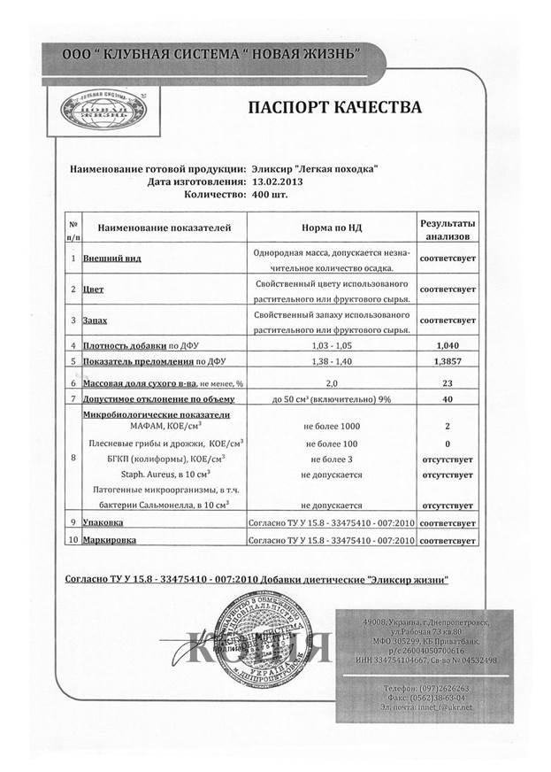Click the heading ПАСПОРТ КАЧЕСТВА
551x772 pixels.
point(333,108)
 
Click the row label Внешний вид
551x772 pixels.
point(111,259)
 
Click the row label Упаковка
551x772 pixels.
point(103,523)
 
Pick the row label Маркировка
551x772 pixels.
point(110,539)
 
